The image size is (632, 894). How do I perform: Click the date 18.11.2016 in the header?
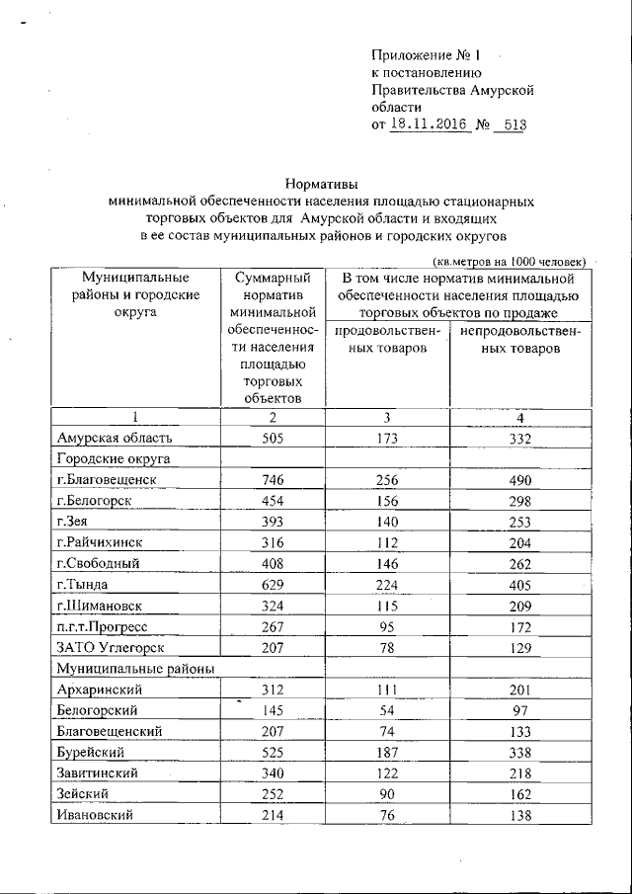427,124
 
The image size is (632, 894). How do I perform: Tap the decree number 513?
508,124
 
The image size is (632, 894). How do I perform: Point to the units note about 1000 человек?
511,261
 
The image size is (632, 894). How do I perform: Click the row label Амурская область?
116,438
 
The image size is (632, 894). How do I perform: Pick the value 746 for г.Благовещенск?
271,479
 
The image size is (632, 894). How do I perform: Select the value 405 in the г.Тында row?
514,585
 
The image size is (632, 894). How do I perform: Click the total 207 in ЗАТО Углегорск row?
271,647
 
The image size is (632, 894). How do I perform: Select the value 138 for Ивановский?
514,816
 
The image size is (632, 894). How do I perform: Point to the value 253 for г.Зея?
514,521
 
